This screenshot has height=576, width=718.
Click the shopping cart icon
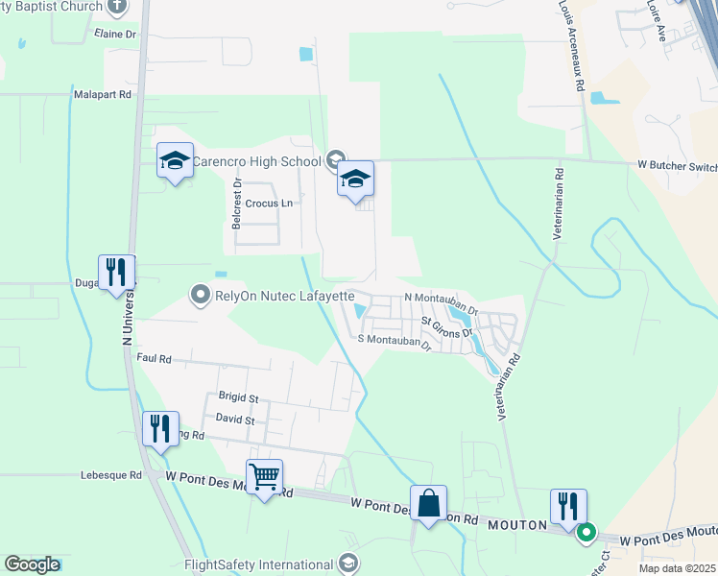[264, 474]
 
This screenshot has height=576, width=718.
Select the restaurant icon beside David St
[159, 428]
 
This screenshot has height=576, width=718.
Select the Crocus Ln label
[268, 204]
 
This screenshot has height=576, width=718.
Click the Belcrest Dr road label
[234, 201]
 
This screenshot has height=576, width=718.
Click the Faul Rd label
[154, 358]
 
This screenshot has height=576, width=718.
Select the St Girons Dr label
[448, 326]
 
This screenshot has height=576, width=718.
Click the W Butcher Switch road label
[677, 165]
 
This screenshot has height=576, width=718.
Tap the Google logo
[33, 564]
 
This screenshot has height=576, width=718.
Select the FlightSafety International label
[258, 564]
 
